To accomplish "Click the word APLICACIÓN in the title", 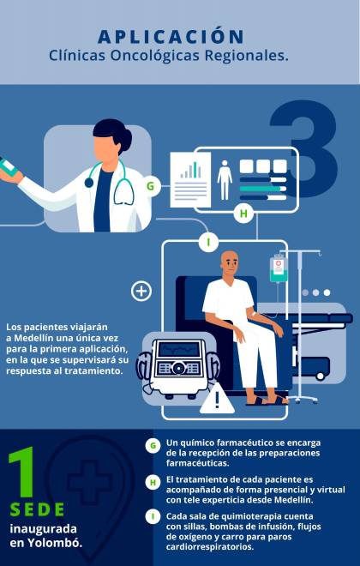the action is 171,37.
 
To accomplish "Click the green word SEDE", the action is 37,509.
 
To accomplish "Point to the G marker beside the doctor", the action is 150,186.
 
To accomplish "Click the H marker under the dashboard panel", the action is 243,214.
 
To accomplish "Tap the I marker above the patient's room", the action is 208,242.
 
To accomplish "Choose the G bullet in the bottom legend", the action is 153,446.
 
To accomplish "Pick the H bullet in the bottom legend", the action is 153,483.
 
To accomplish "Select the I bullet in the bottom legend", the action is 153,516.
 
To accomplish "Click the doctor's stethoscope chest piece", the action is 89,183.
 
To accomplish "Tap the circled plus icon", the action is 141,291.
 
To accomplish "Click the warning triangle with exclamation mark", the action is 217,399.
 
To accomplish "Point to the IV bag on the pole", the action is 279,268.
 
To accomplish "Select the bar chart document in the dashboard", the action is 190,180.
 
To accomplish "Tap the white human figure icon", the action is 225,180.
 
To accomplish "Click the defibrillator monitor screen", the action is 179,349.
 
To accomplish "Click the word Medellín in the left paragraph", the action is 34,338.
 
